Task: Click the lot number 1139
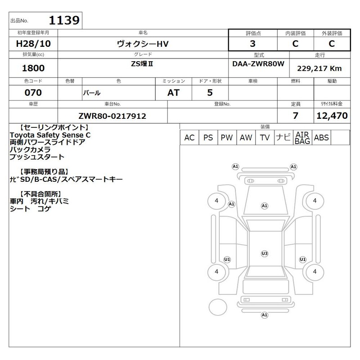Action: tap(64, 20)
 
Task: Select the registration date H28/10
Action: tap(33, 44)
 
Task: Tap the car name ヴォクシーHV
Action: tap(143, 44)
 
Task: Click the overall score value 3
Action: tap(252, 44)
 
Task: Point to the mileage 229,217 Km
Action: tap(319, 68)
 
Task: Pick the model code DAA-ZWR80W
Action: tap(258, 63)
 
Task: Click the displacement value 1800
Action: tap(33, 68)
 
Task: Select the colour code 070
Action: tap(33, 93)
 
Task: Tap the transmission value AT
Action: tap(173, 93)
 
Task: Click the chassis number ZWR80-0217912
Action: tap(112, 116)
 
